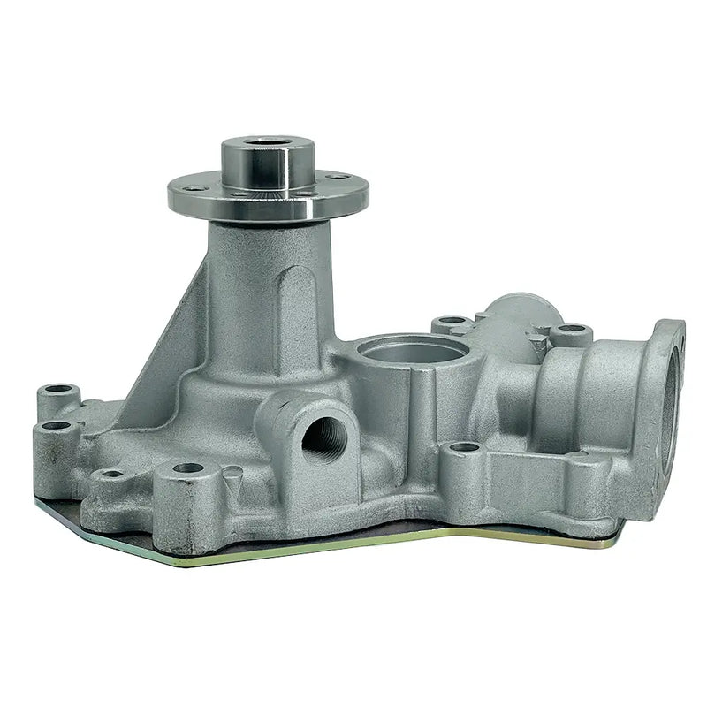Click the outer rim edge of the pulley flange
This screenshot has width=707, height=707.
point(265,212)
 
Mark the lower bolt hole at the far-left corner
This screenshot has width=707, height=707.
point(55,425)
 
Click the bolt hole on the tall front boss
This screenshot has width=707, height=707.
point(187,468)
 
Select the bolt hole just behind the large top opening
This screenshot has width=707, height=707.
point(452,321)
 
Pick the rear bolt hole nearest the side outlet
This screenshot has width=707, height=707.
point(572,330)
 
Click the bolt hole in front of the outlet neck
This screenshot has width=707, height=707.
point(463,448)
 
